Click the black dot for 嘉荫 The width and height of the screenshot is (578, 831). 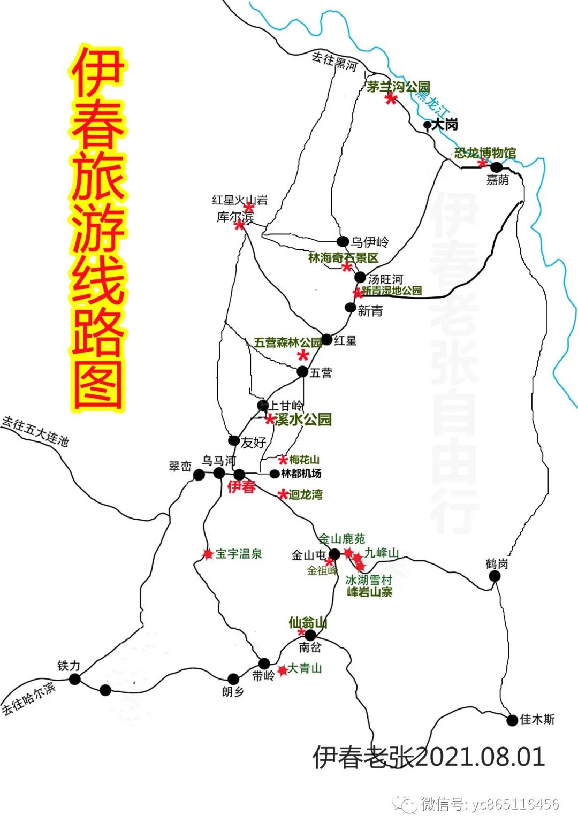[497, 167]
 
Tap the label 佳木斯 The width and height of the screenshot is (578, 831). [537, 719]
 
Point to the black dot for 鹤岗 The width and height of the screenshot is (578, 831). [495, 576]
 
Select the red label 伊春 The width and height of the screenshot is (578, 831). [241, 487]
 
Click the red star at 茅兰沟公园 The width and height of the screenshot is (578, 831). [391, 98]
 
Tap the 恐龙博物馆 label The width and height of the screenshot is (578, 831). [485, 153]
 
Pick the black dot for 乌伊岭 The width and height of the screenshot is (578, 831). [343, 241]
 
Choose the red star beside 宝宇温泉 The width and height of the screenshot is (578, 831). [208, 554]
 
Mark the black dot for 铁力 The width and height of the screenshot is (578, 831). [75, 679]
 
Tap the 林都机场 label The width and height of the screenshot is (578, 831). [301, 474]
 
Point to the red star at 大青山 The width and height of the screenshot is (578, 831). [282, 670]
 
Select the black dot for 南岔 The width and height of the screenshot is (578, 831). [310, 635]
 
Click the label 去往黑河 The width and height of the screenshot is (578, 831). [334, 61]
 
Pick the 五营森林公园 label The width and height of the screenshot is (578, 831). [287, 342]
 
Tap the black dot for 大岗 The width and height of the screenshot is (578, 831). [427, 125]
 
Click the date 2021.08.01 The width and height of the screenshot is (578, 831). [480, 757]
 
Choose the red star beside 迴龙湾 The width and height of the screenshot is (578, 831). [283, 494]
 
